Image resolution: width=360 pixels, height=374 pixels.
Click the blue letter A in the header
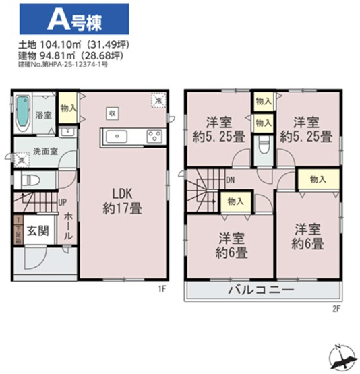pos(57,20)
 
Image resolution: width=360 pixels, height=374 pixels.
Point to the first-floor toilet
pos(30,179)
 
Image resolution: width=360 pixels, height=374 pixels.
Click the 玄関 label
pos(38,232)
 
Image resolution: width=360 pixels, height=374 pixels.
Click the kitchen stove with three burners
pos(154,137)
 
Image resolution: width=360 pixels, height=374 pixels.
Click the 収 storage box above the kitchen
pos(113,113)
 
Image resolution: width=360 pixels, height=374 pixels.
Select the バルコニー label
pos(263,291)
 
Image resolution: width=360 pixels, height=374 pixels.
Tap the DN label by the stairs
pos(230,180)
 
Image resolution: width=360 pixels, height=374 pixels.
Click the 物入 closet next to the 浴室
pos(67,108)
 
